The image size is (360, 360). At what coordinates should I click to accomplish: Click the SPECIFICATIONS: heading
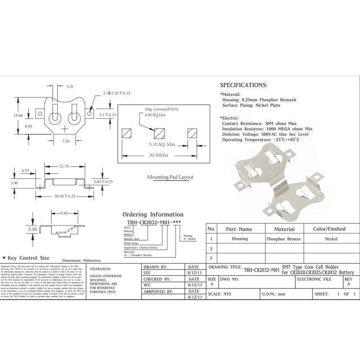pyautogui.click(x=243, y=85)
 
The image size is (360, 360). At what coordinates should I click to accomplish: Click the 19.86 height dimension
pyautogui.click(x=18, y=116)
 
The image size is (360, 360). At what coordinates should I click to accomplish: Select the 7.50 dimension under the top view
pyautogui.click(x=66, y=141)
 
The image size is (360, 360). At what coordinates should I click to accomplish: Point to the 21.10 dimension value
pyautogui.click(x=64, y=166)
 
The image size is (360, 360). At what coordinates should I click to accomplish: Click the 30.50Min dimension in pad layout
pyautogui.click(x=158, y=155)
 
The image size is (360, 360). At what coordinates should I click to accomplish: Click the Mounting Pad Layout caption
pyautogui.click(x=170, y=177)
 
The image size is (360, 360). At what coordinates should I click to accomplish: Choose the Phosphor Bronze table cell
pyautogui.click(x=283, y=239)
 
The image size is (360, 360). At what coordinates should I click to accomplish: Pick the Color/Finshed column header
pyautogui.click(x=329, y=229)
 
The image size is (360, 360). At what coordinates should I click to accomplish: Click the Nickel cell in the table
pyautogui.click(x=331, y=239)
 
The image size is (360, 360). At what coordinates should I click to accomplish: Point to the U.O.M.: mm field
pyautogui.click(x=274, y=294)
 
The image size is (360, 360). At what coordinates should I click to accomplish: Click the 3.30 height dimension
pyautogui.click(x=32, y=229)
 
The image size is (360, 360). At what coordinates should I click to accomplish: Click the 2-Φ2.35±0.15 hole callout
pyautogui.click(x=116, y=93)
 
